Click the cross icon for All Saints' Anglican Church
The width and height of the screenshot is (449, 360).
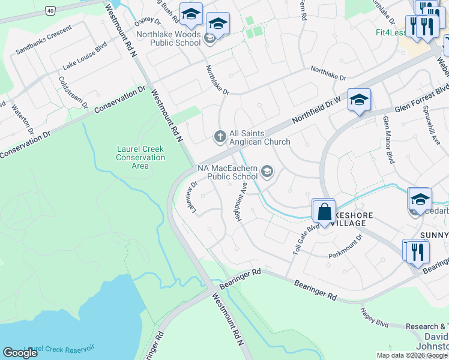(x=220, y=136)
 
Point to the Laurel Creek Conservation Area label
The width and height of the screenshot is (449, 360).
(x=140, y=157)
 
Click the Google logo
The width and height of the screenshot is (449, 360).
(x=20, y=352)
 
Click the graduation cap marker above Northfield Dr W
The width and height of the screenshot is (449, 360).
(x=359, y=100)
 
